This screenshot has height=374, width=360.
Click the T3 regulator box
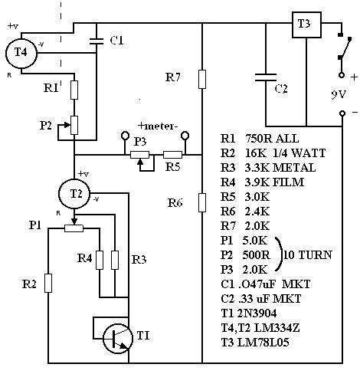pyautogui.click(x=306, y=25)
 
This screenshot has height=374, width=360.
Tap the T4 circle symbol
pyautogui.click(x=21, y=53)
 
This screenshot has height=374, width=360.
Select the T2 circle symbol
pyautogui.click(x=74, y=194)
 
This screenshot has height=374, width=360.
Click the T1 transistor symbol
pyautogui.click(x=118, y=339)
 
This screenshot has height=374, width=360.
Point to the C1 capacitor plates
pyautogui.click(x=97, y=41)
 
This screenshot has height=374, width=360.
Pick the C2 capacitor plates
pyautogui.click(x=266, y=77)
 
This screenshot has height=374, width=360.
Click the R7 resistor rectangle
pyautogui.click(x=202, y=79)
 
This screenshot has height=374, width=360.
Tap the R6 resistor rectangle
pyautogui.click(x=202, y=202)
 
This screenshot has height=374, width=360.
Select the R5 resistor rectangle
pyautogui.click(x=172, y=155)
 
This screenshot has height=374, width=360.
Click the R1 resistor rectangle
pyautogui.click(x=74, y=90)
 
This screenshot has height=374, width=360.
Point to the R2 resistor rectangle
pyautogui.click(x=48, y=283)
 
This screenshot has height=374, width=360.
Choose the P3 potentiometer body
pyautogui.click(x=139, y=155)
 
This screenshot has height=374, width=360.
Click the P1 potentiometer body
pyautogui.click(x=74, y=228)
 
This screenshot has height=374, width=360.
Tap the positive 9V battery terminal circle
pyautogui.click(x=342, y=75)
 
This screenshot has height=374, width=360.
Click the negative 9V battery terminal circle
pyautogui.click(x=342, y=113)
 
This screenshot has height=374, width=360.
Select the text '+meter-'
pyautogui.click(x=158, y=126)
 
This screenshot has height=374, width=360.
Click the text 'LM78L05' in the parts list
pyautogui.click(x=263, y=343)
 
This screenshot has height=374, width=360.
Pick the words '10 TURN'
pyautogui.click(x=308, y=255)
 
